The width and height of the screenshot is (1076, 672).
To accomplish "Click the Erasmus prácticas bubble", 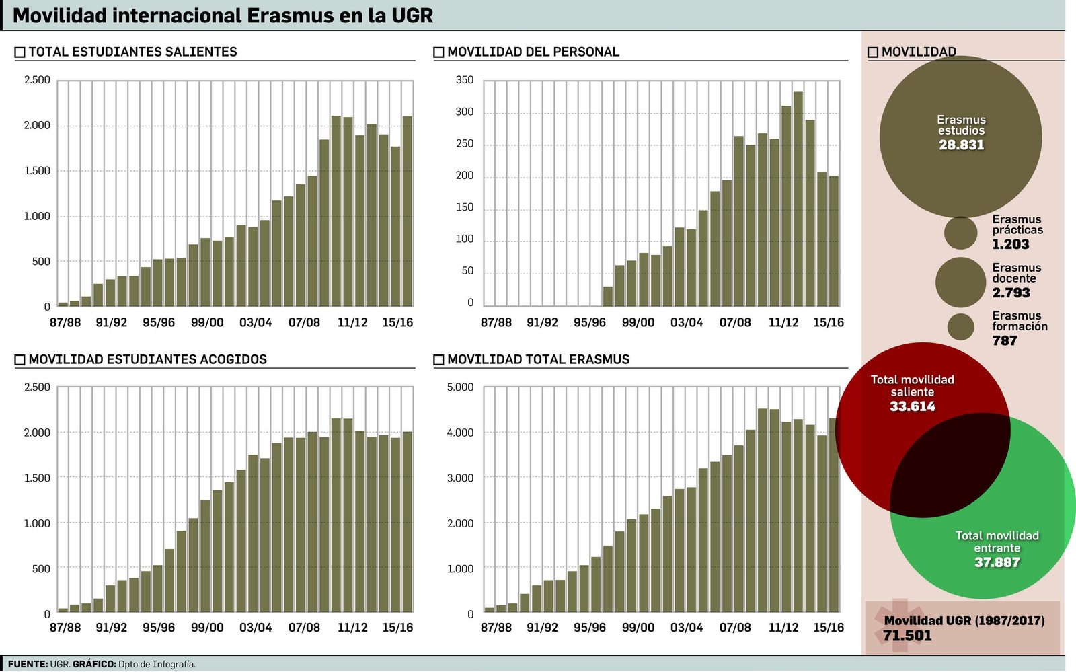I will (x=960, y=233).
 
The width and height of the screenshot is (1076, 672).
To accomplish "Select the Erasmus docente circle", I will (x=960, y=282).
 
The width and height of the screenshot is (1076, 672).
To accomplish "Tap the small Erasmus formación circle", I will (x=960, y=327).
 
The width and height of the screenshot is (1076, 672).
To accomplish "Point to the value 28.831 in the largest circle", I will (x=961, y=145).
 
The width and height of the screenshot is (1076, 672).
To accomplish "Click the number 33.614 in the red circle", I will (x=912, y=406).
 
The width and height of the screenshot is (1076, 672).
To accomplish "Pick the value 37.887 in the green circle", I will (x=997, y=562).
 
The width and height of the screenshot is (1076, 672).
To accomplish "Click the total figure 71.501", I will (x=907, y=636).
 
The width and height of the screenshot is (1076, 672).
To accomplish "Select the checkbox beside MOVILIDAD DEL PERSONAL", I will (x=438, y=52).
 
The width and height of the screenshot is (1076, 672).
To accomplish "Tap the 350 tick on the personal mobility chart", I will (x=464, y=80).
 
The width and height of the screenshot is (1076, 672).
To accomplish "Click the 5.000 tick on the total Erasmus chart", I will (x=461, y=387).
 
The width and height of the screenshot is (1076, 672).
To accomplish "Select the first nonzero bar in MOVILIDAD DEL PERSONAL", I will (x=608, y=296).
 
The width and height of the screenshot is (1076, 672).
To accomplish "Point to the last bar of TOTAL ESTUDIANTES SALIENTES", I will (x=407, y=211).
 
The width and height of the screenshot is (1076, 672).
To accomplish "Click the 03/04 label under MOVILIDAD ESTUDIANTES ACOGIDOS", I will (x=256, y=628).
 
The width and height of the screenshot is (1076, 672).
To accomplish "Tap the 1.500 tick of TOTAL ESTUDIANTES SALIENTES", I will (x=37, y=171).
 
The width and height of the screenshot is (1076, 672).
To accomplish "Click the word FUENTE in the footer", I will (x=28, y=665).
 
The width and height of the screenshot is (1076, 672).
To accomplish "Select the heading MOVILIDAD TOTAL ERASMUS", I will (x=538, y=359).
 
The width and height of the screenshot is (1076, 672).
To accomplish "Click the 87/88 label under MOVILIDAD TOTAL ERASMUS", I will (x=496, y=628).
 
